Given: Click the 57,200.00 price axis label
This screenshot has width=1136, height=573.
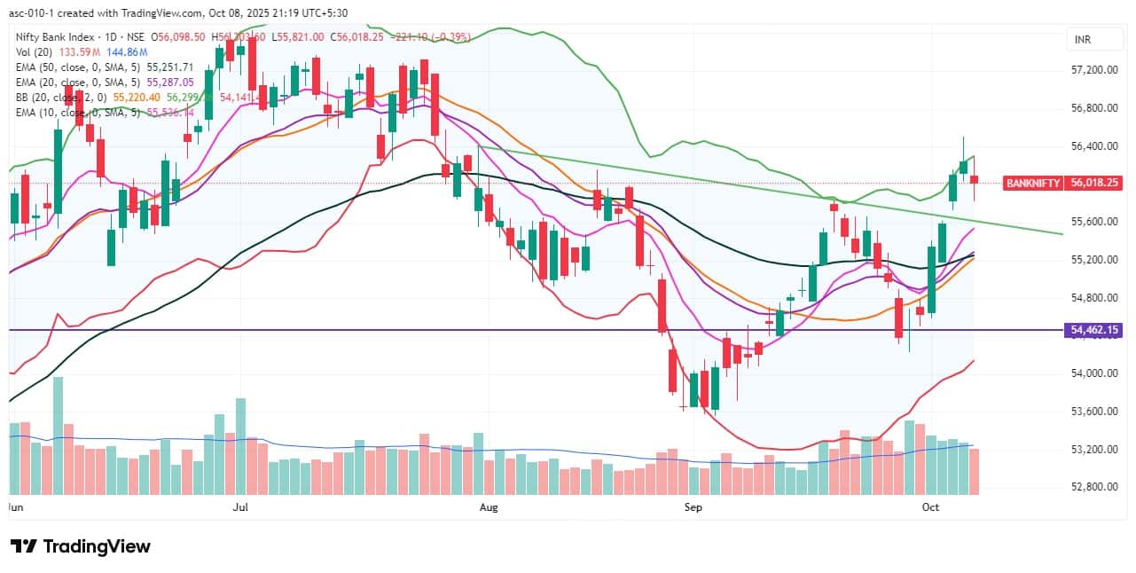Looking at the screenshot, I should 1093,70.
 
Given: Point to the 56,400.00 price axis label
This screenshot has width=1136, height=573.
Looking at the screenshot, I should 1093,145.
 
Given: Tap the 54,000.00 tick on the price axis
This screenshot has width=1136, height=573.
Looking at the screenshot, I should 1093,373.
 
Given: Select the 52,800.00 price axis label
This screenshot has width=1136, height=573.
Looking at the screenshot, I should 1093,486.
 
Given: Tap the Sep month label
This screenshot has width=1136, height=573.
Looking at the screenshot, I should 693,507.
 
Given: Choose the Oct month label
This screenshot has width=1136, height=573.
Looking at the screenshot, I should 930,507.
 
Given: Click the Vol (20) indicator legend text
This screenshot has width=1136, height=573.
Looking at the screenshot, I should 33,52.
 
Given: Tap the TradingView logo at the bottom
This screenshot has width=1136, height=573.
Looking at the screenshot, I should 80,546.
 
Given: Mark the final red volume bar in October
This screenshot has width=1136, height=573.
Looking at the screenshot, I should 974,471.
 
